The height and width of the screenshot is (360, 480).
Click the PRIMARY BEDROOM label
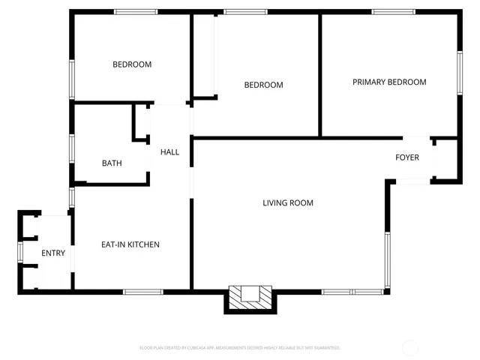[x=389, y=82]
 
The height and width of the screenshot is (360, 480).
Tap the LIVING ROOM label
[x=287, y=202]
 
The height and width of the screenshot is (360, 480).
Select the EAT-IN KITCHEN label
[x=130, y=244]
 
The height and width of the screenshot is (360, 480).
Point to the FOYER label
[x=407, y=157]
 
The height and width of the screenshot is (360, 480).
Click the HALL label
[x=169, y=152]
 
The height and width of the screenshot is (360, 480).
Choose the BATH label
[x=112, y=163]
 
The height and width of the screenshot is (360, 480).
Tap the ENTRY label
[x=53, y=253]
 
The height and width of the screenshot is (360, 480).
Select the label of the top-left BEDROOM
[x=132, y=64]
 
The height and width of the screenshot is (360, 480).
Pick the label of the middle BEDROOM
[x=264, y=85]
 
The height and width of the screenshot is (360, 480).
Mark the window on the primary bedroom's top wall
[x=394, y=12]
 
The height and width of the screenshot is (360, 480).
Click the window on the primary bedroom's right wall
[x=459, y=73]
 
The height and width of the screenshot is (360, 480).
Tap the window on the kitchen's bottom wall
[x=143, y=291]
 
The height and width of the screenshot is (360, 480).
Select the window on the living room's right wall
[x=387, y=259]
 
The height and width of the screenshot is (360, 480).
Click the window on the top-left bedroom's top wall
[x=136, y=12]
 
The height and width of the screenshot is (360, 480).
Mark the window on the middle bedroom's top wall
[x=245, y=12]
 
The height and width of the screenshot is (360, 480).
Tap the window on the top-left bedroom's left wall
[x=72, y=78]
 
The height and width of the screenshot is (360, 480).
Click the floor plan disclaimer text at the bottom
[x=240, y=348]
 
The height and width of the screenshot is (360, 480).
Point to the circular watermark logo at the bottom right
[x=410, y=347]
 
